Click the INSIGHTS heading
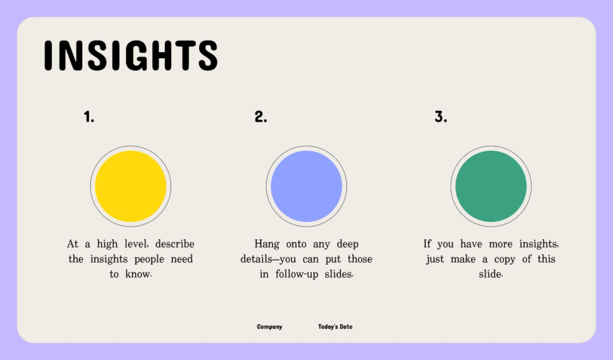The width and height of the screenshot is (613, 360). pyautogui.click(x=131, y=56)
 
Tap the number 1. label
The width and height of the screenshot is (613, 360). pyautogui.click(x=89, y=117)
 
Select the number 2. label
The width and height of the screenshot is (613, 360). pyautogui.click(x=261, y=117)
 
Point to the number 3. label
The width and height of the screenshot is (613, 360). pyautogui.click(x=441, y=117)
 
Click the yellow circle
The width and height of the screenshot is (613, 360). pyautogui.click(x=131, y=186)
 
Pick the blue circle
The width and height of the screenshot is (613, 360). pyautogui.click(x=306, y=186)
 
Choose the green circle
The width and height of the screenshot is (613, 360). pyautogui.click(x=491, y=186)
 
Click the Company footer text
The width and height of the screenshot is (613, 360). pyautogui.click(x=270, y=327)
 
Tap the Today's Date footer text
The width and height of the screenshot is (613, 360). pyautogui.click(x=335, y=327)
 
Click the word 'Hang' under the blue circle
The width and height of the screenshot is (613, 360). pyautogui.click(x=267, y=244)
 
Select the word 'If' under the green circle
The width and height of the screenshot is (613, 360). pyautogui.click(x=427, y=244)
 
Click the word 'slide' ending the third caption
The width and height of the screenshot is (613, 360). pyautogui.click(x=490, y=274)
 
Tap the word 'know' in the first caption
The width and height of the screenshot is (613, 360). pyautogui.click(x=137, y=274)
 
